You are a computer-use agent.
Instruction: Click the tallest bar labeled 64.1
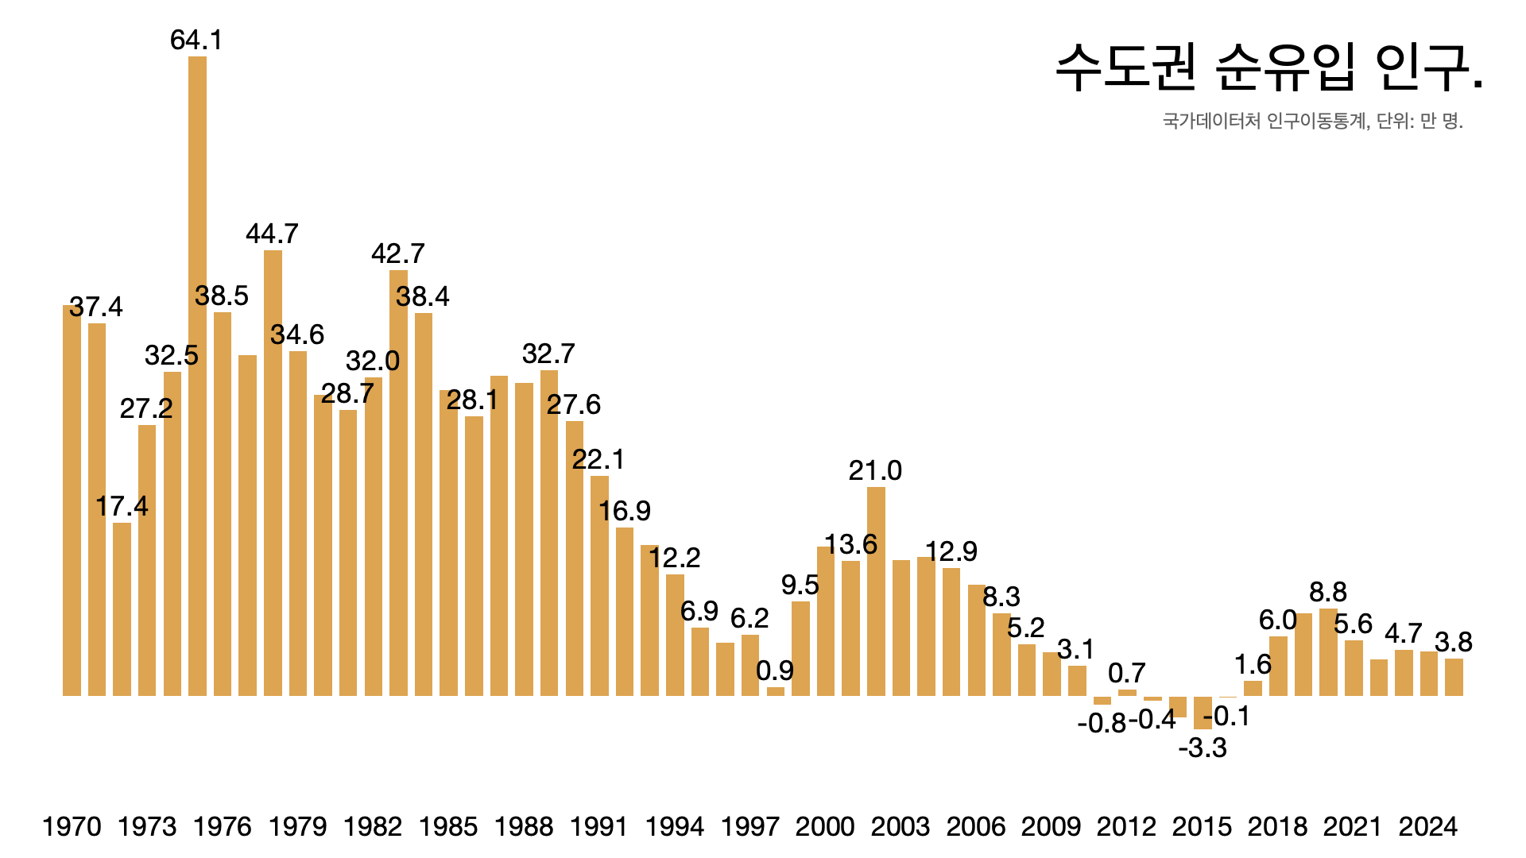pyautogui.click(x=197, y=373)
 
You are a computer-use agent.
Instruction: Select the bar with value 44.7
pyautogui.click(x=273, y=473)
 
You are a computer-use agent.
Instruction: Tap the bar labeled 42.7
pyautogui.click(x=398, y=482)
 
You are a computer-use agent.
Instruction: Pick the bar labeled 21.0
pyautogui.click(x=876, y=591)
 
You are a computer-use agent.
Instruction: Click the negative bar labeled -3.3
pyautogui.click(x=1203, y=713)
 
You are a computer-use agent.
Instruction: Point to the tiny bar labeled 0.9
pyautogui.click(x=776, y=691)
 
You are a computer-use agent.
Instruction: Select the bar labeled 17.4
pyautogui.click(x=122, y=609)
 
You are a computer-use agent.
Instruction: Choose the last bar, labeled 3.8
pyautogui.click(x=1454, y=677)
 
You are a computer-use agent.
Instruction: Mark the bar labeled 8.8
pyautogui.click(x=1328, y=651)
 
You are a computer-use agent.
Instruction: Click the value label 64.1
pyautogui.click(x=196, y=40)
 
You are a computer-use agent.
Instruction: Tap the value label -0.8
pyautogui.click(x=1102, y=723)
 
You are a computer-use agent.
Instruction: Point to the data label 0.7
pyautogui.click(x=1126, y=673)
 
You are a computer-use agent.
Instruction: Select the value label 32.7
pyautogui.click(x=548, y=354)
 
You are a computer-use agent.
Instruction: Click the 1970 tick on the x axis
pyautogui.click(x=72, y=826)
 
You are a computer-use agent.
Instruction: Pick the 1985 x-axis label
pyautogui.click(x=448, y=826)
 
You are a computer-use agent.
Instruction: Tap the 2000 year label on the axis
pyautogui.click(x=825, y=826)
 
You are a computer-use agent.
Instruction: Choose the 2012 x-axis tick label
pyautogui.click(x=1126, y=826)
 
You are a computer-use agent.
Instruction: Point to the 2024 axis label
pyautogui.click(x=1428, y=826)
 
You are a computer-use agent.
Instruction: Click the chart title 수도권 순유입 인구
pyautogui.click(x=1268, y=67)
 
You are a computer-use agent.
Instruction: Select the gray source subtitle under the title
pyautogui.click(x=1312, y=121)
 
